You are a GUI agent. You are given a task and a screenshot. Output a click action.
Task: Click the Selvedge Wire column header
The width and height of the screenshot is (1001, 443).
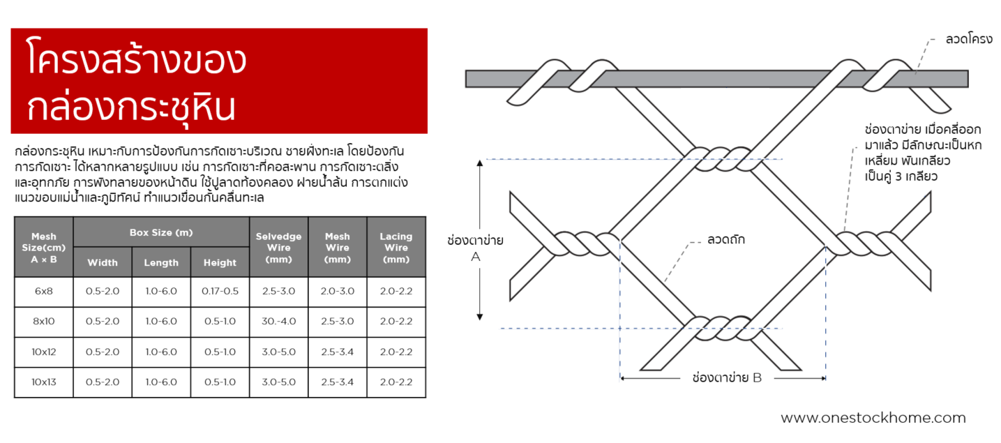[278, 247]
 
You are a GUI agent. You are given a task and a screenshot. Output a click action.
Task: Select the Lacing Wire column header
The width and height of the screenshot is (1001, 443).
[396, 247]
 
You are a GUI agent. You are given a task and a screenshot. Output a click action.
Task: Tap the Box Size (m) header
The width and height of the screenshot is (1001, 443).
[161, 232]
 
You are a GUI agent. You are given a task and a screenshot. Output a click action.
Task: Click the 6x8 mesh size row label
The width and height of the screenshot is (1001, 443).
[43, 292]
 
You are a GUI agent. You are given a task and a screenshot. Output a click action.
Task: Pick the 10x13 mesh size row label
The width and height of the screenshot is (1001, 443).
[43, 382]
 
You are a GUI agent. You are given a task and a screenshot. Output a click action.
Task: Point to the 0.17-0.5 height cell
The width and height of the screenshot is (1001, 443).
[220, 292]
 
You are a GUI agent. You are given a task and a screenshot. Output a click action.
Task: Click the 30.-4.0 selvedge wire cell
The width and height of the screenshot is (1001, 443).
[278, 322]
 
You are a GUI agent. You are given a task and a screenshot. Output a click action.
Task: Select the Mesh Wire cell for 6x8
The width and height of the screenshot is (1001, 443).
[337, 292]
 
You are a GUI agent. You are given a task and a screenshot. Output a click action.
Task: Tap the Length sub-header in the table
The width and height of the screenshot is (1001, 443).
[161, 262]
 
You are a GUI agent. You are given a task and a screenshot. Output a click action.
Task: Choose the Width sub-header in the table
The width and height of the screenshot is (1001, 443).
[103, 262]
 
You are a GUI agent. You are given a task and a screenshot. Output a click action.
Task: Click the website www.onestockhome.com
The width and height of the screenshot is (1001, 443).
[873, 418]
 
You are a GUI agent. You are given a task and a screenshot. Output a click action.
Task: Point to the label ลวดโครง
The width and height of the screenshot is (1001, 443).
[969, 40]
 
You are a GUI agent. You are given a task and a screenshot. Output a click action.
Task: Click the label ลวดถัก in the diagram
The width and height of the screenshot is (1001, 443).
[725, 240]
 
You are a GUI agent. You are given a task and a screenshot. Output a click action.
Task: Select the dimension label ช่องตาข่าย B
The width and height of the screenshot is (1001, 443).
[722, 378]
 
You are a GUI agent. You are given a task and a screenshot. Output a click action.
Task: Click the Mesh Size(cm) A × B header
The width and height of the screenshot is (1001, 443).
[43, 247]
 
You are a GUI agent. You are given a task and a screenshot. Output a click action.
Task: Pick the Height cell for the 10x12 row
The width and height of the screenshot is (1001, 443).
[220, 352]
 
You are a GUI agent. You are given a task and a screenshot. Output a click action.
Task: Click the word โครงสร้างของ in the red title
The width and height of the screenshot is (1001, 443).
[137, 60]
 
